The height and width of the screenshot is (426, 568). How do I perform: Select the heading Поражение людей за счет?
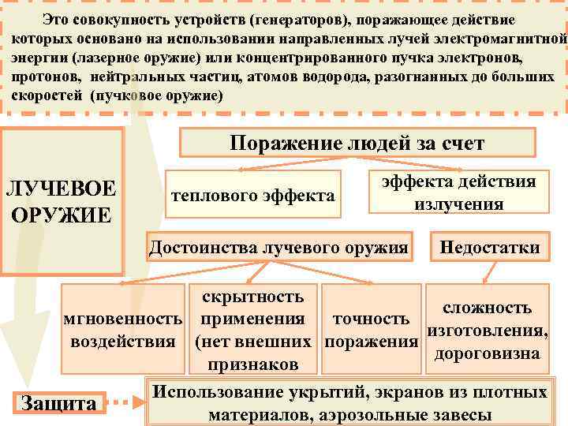click(x=357, y=143)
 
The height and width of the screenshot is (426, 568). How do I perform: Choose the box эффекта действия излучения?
click(x=458, y=192)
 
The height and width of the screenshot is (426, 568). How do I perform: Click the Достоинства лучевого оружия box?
click(x=279, y=248)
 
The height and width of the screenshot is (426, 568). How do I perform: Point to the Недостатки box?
click(x=489, y=248)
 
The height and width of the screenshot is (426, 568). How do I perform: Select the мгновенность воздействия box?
click(x=123, y=331)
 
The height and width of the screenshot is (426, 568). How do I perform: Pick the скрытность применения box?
click(x=252, y=331)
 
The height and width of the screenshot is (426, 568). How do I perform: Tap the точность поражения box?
click(x=371, y=331)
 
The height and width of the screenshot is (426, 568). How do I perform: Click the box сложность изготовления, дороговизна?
click(x=487, y=331)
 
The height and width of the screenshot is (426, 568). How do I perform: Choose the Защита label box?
click(x=59, y=403)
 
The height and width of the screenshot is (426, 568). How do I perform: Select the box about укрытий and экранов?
click(x=350, y=403)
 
